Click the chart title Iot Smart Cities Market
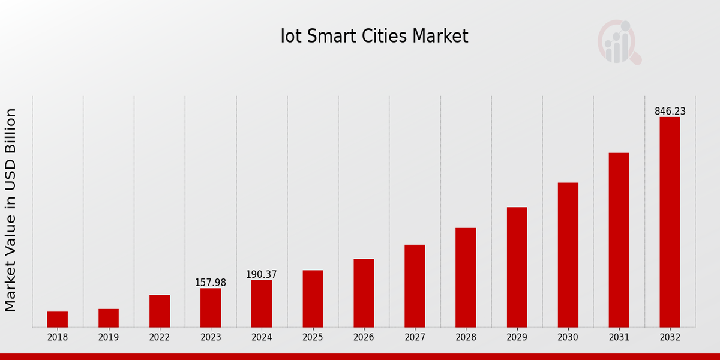(x=374, y=37)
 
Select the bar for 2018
(x=58, y=319)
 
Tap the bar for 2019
(x=109, y=318)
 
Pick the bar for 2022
(x=160, y=311)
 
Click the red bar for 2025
(x=313, y=299)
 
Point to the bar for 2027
(x=415, y=286)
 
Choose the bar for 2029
(x=517, y=267)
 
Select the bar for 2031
(x=619, y=240)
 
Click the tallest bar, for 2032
(x=670, y=222)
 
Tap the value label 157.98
(x=211, y=283)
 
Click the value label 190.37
(x=262, y=275)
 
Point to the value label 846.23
(x=670, y=112)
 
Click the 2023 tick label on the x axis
(x=211, y=337)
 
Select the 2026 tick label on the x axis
(x=364, y=337)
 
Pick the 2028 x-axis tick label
(x=466, y=337)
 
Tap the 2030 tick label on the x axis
(x=568, y=337)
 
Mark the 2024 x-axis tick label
(x=262, y=337)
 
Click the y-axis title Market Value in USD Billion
(x=11, y=210)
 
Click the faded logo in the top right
(x=619, y=42)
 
